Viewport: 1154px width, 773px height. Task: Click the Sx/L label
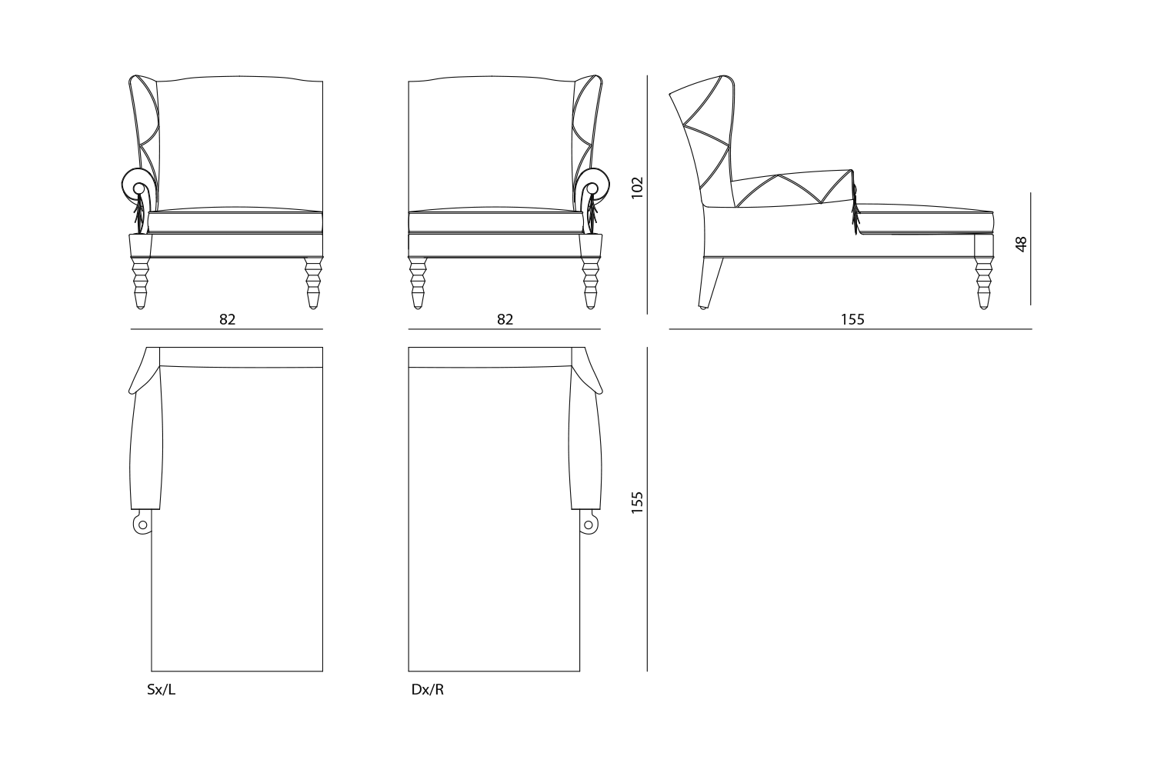[162, 690]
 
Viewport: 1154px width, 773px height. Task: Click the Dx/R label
[427, 690]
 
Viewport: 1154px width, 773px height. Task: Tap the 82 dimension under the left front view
[227, 320]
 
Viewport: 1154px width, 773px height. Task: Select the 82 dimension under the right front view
[505, 320]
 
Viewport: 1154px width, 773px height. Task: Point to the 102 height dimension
[637, 188]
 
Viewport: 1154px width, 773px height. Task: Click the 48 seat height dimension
[1021, 244]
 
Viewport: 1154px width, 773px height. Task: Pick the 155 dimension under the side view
[852, 320]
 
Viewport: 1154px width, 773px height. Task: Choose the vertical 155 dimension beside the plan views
[637, 502]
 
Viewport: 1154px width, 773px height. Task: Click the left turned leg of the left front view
[140, 283]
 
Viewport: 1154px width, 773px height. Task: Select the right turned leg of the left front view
[312, 283]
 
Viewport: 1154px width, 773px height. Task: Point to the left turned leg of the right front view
[418, 283]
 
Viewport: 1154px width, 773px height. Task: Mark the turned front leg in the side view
[983, 283]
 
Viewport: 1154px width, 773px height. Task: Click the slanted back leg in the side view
[711, 282]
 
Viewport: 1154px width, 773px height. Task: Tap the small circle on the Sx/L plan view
[142, 525]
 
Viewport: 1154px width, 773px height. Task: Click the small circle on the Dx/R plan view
[589, 525]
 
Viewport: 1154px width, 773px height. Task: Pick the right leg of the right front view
[590, 283]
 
